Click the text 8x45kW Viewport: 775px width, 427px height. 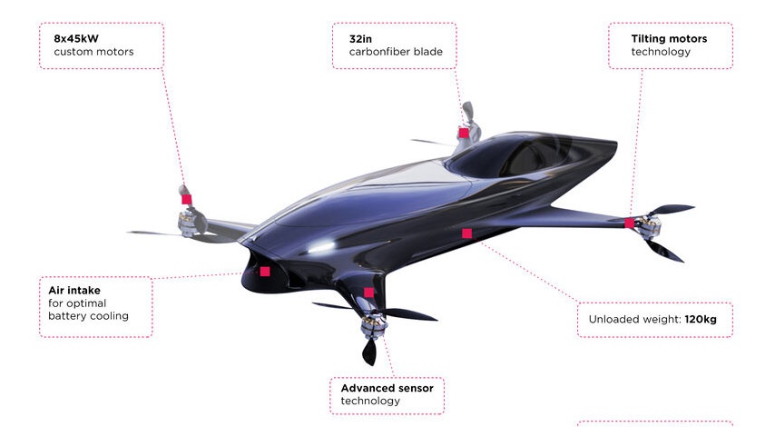coord(76,38)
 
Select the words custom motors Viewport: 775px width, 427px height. coord(93,52)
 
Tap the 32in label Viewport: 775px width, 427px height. coord(360,38)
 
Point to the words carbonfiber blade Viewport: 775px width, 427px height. coord(396,52)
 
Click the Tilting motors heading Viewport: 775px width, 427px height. coord(669,38)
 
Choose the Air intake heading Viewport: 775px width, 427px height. coord(74,291)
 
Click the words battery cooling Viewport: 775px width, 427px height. coord(88,315)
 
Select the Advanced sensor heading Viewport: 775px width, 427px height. coord(387,389)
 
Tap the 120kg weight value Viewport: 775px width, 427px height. coord(701,319)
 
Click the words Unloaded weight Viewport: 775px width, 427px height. coord(634,319)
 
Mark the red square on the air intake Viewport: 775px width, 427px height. coord(265,271)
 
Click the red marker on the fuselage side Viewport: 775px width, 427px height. coord(466,233)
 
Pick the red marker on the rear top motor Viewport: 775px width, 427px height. coord(464,133)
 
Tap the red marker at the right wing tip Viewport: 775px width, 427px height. coord(629,223)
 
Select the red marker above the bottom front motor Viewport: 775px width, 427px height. coord(368,293)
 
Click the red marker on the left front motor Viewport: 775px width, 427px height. coord(186,199)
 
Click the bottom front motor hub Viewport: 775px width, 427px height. coord(373,324)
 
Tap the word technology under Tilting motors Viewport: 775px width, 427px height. coord(661,52)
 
